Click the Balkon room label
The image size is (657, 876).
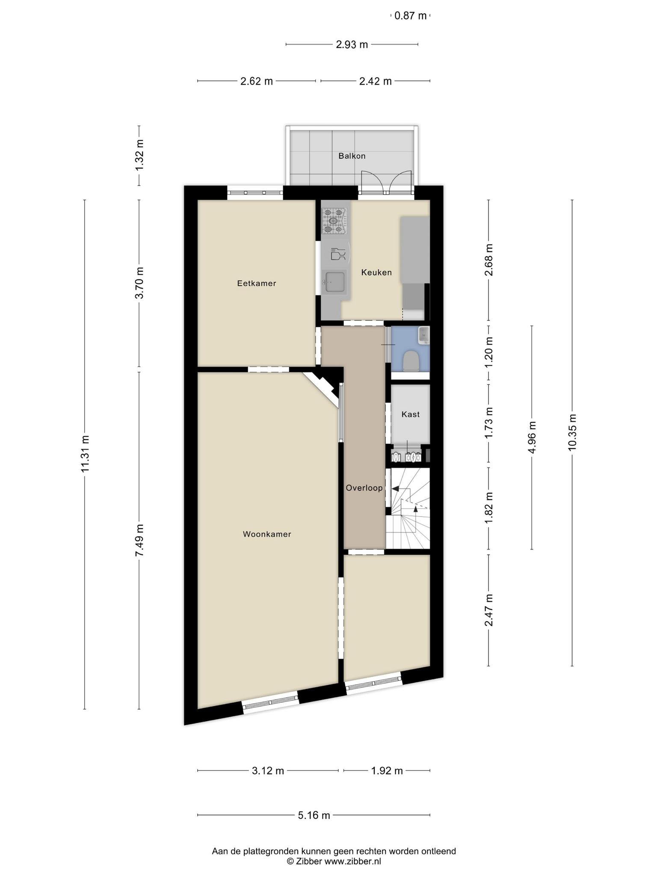(352, 156)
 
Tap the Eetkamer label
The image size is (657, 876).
(257, 283)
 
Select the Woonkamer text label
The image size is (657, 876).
(267, 534)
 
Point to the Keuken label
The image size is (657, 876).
(376, 272)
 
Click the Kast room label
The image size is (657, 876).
(411, 414)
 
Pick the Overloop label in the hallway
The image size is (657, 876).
(364, 488)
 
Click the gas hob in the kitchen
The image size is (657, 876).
(334, 221)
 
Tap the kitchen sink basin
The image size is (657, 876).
(335, 282)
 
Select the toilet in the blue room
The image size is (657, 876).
(411, 361)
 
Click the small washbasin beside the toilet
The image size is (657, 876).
(423, 335)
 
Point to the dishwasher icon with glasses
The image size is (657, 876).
(338, 254)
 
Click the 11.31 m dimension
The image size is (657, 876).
(85, 454)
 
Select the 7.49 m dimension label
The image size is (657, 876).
(139, 540)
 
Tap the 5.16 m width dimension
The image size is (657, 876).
(314, 815)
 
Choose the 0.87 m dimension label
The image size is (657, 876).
(411, 16)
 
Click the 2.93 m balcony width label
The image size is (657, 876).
(352, 44)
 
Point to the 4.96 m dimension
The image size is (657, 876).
(532, 437)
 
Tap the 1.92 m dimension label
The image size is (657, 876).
(387, 771)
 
